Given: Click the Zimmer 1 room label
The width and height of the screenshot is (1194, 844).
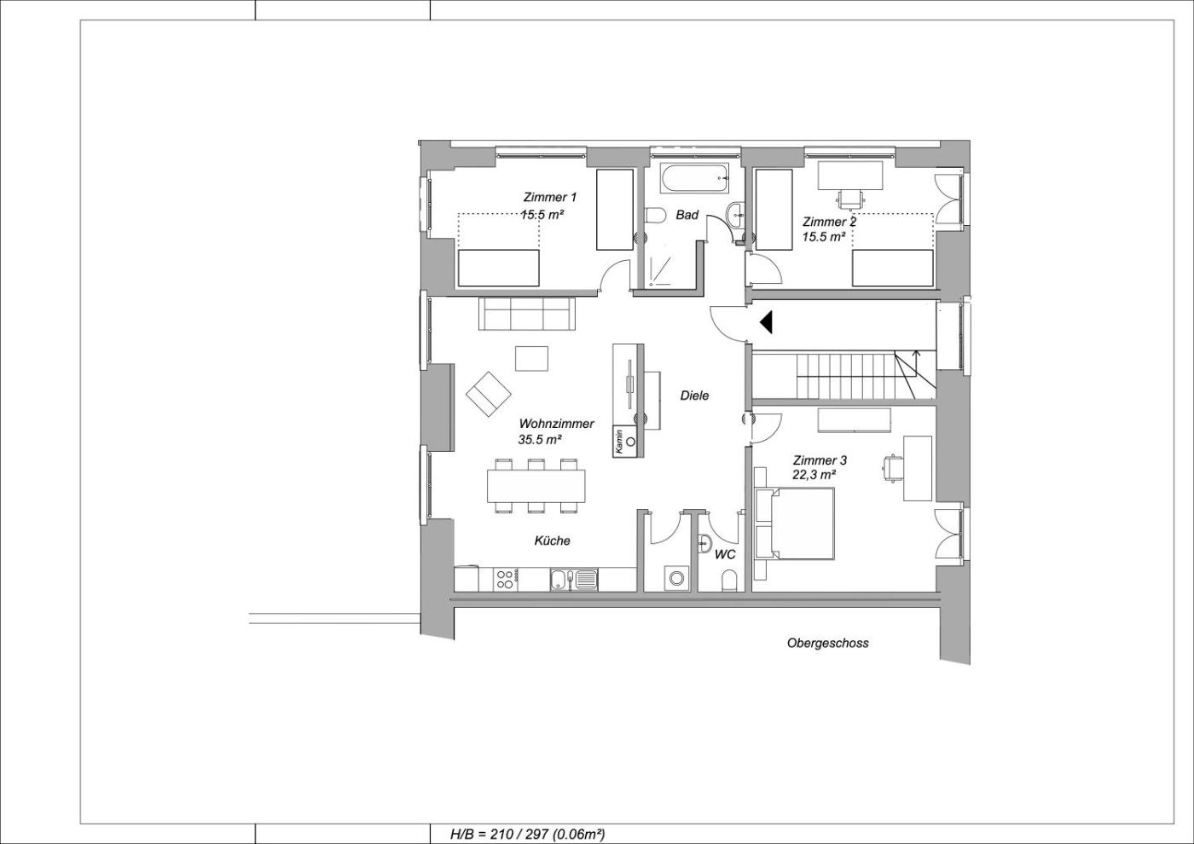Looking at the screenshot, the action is (549, 197).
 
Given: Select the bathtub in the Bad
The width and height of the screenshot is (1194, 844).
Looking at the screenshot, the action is (695, 178).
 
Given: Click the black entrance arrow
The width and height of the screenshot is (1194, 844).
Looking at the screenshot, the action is (766, 322).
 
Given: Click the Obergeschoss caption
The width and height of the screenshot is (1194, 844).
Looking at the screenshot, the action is (828, 643).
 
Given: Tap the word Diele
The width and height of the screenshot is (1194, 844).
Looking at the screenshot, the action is (694, 396).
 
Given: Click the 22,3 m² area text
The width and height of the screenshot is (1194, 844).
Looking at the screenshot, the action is (814, 474).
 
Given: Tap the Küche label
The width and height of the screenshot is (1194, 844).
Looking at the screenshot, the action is (553, 541).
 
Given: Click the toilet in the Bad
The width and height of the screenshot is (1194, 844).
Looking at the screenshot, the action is (656, 216).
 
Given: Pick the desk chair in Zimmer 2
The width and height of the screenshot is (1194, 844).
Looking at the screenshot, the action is (851, 199).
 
